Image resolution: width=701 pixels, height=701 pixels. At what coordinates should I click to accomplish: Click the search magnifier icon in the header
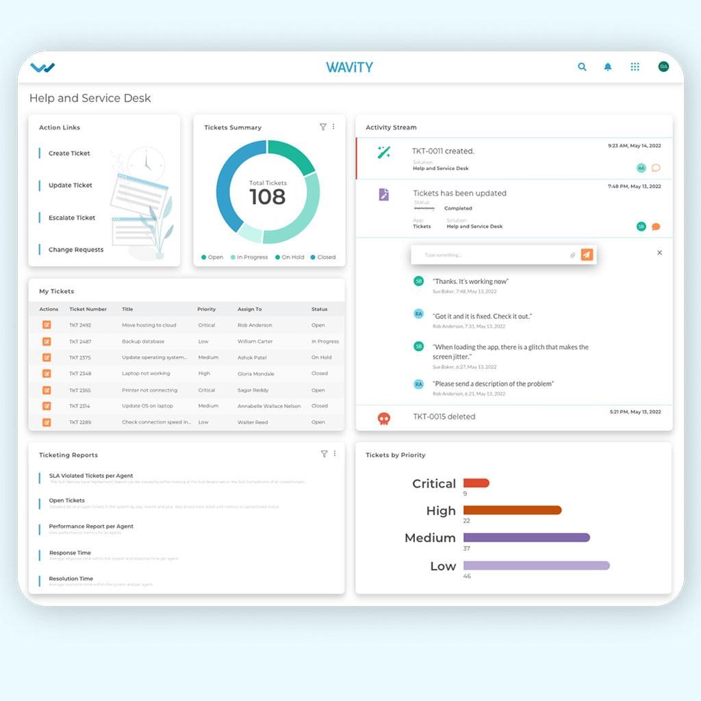coord(582,67)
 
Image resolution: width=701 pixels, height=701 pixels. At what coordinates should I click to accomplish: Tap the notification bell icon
coord(608,67)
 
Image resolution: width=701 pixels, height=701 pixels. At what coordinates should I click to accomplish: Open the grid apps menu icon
coord(635,67)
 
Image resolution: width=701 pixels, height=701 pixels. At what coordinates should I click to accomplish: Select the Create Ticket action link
coord(69,153)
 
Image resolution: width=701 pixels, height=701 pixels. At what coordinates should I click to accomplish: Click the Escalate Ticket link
coord(72,218)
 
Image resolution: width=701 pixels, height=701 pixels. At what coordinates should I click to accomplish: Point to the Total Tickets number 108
coord(268,197)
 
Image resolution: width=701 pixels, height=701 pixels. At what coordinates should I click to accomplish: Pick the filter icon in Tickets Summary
coord(323,127)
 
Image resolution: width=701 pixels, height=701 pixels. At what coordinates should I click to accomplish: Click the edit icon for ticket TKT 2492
coord(47,325)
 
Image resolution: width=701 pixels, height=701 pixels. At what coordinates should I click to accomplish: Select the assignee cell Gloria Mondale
coord(255,374)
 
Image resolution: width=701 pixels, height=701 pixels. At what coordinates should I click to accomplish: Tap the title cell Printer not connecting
coord(149,390)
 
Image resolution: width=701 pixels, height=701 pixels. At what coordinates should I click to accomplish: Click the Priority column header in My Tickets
coord(206,309)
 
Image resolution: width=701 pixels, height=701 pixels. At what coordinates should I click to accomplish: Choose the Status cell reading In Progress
coord(325,342)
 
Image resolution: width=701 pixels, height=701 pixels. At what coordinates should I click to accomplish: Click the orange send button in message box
coord(587,255)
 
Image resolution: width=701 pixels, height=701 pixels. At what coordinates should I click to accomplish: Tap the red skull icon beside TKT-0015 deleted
coord(384,418)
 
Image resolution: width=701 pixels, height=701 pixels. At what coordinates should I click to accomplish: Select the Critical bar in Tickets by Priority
coord(476,483)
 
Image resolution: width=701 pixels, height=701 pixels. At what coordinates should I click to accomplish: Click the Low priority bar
coord(536,565)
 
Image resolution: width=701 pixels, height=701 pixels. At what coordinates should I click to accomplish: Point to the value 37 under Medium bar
coord(466,548)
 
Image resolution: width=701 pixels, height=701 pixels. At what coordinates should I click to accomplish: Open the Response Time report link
coord(70,552)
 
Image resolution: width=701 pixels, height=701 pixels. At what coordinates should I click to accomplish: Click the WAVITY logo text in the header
coord(349,67)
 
